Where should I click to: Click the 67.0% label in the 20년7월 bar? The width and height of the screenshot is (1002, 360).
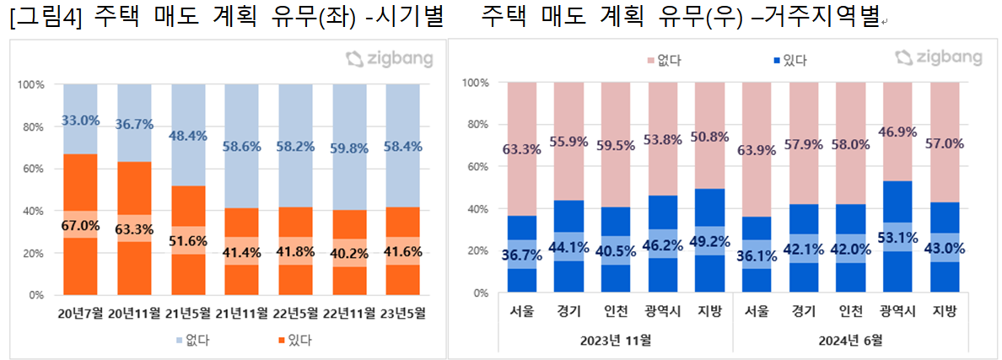point(80,225)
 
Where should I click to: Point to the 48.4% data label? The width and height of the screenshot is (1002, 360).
point(188,136)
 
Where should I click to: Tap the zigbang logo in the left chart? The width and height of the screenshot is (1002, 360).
point(390,59)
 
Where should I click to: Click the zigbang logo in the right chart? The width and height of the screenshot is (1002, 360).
point(938,57)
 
